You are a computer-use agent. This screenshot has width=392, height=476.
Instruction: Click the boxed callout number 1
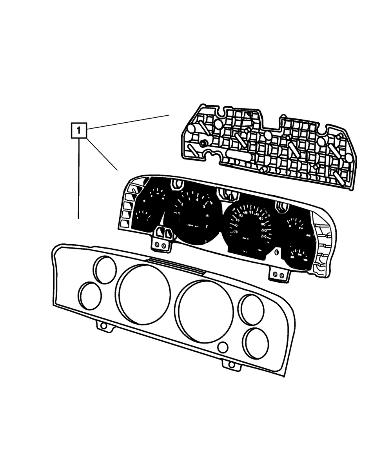coord(78,131)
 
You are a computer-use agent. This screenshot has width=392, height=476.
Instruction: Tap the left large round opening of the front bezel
coord(144,294)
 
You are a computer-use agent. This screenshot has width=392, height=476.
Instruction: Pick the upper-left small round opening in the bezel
coord(105,270)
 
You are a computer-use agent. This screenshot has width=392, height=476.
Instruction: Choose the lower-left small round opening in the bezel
coord(90,295)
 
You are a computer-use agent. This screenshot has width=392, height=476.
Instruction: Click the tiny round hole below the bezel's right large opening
coord(223,347)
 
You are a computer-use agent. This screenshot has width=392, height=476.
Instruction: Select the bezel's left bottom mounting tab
coord(103,326)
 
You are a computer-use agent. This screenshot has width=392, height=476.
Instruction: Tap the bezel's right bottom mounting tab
coord(231,365)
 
